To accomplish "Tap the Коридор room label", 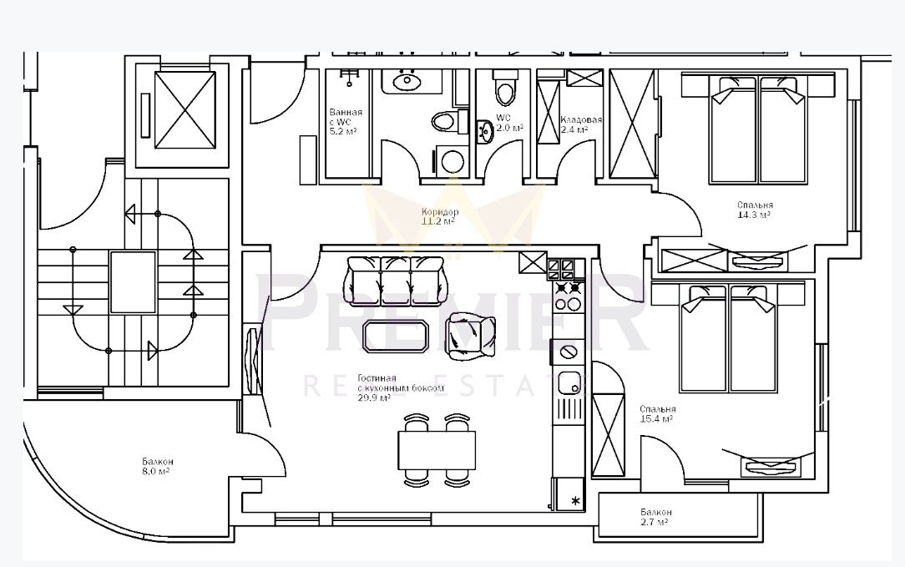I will coord(439,217).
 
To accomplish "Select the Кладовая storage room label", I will coord(580,124).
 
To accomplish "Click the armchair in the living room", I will coord(466,335).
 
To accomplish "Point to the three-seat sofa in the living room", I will coord(395,281).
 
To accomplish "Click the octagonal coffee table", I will coord(397,336).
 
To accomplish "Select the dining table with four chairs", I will coord(437,450).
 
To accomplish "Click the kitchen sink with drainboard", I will coord(569,387).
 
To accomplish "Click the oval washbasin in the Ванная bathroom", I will coord(407,82).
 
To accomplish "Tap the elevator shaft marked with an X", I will coord(185,109).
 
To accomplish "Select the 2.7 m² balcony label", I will coord(655,517).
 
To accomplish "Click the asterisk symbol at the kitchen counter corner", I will coord(575,501).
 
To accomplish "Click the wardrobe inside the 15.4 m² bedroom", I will coord(608,433).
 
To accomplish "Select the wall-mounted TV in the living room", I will coord(251,362).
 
